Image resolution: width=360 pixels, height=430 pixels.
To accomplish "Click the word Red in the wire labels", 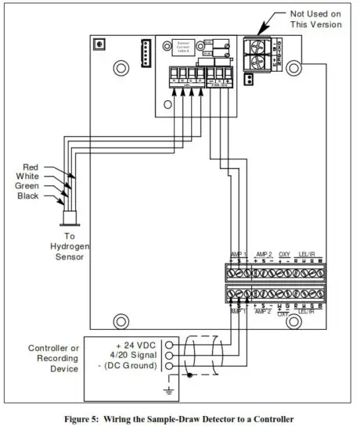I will (x=30, y=167).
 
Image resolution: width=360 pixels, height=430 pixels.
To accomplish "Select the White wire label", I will (x=27, y=177).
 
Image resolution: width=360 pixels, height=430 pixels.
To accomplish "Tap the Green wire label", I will (x=27, y=186).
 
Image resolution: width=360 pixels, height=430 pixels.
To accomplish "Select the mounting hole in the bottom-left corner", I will (x=121, y=321).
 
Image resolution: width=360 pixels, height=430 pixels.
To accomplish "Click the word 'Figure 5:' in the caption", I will (x=85, y=419).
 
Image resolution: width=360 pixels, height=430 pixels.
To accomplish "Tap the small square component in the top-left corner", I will (x=97, y=45).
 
